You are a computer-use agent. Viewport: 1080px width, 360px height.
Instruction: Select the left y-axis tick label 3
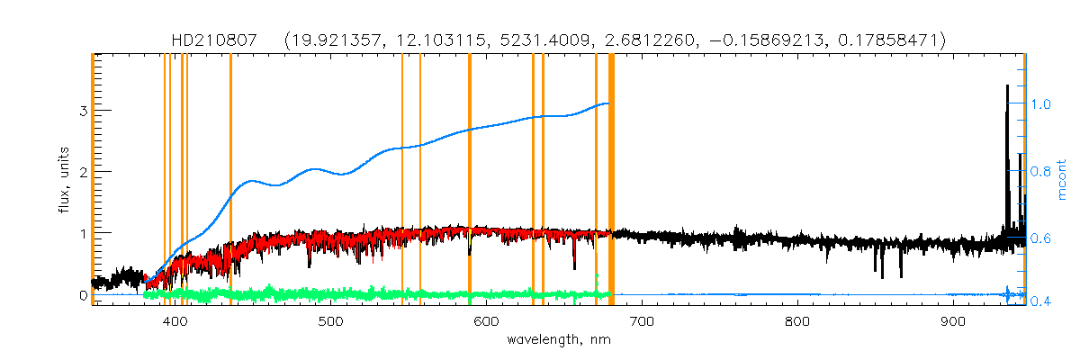(x=82, y=111)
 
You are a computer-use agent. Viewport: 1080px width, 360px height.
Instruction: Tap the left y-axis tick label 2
(x=82, y=172)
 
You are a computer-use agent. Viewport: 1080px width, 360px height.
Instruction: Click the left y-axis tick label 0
(x=82, y=295)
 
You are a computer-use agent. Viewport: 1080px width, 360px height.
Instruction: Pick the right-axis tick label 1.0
(x=1042, y=104)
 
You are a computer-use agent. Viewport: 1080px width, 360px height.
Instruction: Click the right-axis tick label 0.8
(x=1042, y=170)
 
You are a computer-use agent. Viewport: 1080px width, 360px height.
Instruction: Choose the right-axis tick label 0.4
(x=1042, y=301)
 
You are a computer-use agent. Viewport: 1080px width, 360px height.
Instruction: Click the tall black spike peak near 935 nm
(x=1007, y=87)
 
